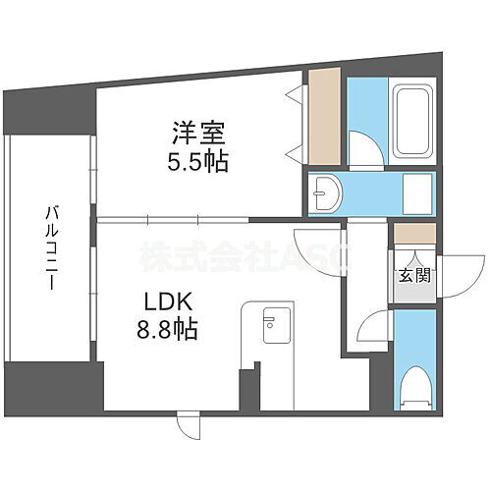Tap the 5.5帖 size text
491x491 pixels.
pyautogui.click(x=203, y=162)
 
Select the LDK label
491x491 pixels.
pyautogui.click(x=169, y=300)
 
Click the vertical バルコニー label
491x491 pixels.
pyautogui.click(x=48, y=245)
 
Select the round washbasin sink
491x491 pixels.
pyautogui.click(x=326, y=192)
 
